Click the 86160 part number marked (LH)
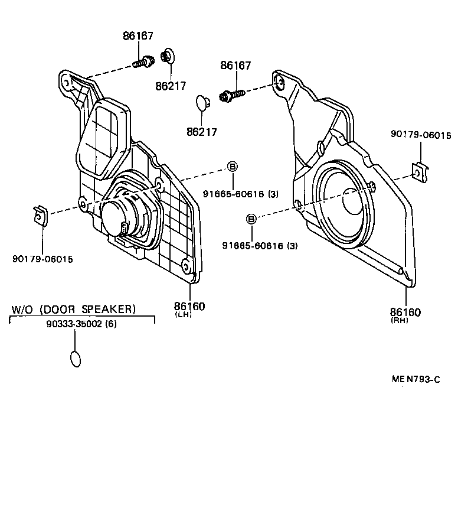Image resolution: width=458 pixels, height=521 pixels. click(189, 306)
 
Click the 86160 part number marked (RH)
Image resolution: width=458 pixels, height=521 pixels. click(405, 311)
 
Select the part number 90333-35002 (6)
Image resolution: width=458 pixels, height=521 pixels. click(81, 324)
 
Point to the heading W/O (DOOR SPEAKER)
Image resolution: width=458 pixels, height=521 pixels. click(74, 309)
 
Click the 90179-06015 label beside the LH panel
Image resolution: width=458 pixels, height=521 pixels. click(42, 258)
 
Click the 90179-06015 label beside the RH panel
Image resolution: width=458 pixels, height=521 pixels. click(420, 135)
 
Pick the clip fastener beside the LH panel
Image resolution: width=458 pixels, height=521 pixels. click(40, 216)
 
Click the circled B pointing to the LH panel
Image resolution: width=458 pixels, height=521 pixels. click(232, 167)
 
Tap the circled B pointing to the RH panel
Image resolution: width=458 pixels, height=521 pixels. click(251, 220)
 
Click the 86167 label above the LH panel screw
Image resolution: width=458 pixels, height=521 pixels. click(138, 36)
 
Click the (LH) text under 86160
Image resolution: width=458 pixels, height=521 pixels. click(183, 315)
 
